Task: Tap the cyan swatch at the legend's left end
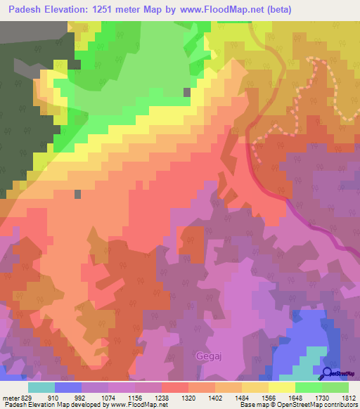tap(41, 387)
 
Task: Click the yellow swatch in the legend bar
tap(282, 387)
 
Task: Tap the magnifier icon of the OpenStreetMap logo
tap(326, 373)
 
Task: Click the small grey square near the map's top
tap(186, 92)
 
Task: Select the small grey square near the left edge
tap(77, 194)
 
